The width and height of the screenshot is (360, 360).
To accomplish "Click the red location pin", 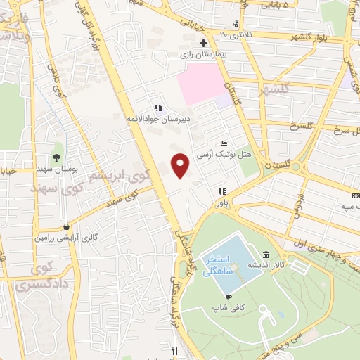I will click(x=181, y=165).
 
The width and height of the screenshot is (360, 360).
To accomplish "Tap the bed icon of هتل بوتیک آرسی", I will click(x=224, y=143).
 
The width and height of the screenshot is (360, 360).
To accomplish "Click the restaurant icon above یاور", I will click(x=222, y=191).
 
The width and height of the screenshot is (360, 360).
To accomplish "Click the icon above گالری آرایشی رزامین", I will click(x=66, y=227).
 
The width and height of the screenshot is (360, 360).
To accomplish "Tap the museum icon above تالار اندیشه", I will click(x=266, y=255).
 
